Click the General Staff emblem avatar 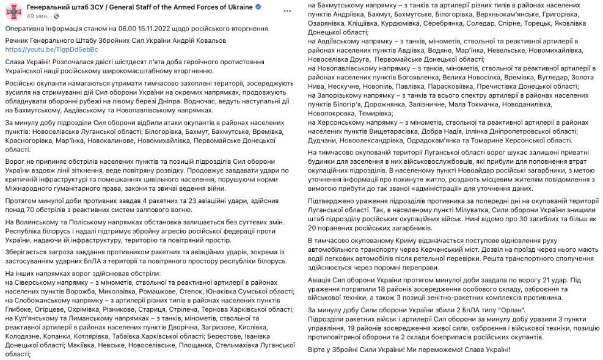coord(13,12)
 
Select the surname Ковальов coord(208,40)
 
